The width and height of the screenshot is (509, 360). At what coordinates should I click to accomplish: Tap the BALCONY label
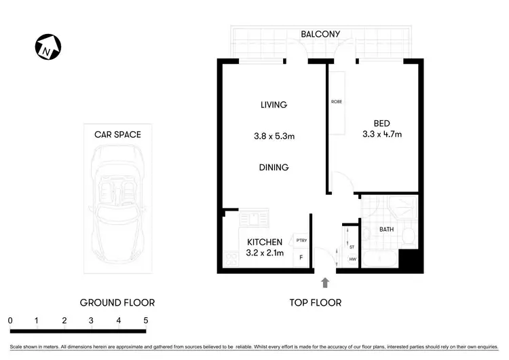pyautogui.click(x=320, y=34)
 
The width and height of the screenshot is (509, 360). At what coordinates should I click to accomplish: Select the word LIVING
pyautogui.click(x=274, y=105)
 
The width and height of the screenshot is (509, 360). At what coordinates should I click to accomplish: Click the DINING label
pyautogui.click(x=274, y=167)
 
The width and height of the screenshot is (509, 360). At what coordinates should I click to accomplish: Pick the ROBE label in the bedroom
pyautogui.click(x=336, y=101)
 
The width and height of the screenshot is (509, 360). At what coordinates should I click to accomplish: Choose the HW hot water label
pyautogui.click(x=352, y=259)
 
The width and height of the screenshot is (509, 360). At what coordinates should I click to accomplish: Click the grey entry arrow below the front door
pyautogui.click(x=325, y=282)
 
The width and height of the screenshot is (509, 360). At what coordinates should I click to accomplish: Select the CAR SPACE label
pyautogui.click(x=117, y=134)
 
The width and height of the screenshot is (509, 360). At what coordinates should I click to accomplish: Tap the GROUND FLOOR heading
pyautogui.click(x=117, y=302)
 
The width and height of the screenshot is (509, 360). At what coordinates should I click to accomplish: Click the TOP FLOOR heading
pyautogui.click(x=316, y=302)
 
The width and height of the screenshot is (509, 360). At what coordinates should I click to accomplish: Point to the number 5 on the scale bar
pyautogui.click(x=145, y=320)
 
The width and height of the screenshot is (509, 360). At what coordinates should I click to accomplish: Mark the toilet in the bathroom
pyautogui.click(x=407, y=236)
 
